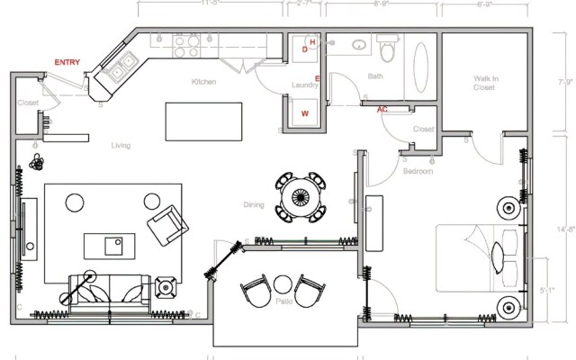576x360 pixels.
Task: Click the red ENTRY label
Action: [67, 62]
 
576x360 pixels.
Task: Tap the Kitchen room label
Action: [203, 83]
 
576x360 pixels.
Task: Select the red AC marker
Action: [382, 109]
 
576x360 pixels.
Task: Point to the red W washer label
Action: [305, 113]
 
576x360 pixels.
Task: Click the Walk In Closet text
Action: [485, 84]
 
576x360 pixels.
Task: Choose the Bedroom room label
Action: [418, 171]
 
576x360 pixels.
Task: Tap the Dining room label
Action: [254, 205]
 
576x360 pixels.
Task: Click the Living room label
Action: [121, 146]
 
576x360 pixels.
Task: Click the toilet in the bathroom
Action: [388, 45]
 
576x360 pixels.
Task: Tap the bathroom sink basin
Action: [357, 43]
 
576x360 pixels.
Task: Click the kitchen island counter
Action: [204, 121]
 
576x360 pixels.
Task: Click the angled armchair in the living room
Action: [167, 224]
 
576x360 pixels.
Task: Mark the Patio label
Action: [284, 302]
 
